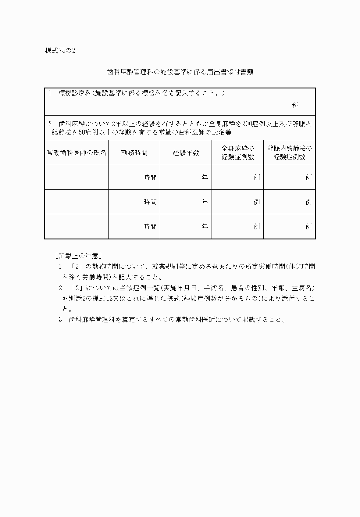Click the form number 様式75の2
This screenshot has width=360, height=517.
[60, 51]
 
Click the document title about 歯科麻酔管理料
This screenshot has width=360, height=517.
[180, 72]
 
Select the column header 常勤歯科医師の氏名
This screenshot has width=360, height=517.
[77, 153]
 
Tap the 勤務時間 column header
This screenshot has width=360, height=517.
[134, 153]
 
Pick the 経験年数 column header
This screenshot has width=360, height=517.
[186, 153]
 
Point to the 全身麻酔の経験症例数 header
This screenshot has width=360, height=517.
[238, 153]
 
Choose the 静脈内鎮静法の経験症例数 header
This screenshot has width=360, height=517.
[290, 153]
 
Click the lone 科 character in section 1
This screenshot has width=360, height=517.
[295, 106]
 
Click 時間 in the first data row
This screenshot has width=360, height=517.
[150, 177]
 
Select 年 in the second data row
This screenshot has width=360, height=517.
[205, 202]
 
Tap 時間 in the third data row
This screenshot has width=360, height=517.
[150, 226]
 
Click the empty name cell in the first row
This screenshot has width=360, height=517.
[77, 177]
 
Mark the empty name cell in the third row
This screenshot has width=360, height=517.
[77, 226]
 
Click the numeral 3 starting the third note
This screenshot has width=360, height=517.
[60, 320]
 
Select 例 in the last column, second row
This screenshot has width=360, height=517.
[309, 202]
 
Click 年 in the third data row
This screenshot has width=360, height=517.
[205, 226]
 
